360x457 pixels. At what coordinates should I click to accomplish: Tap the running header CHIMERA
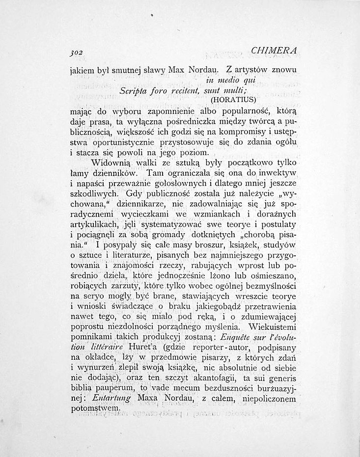(276, 52)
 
